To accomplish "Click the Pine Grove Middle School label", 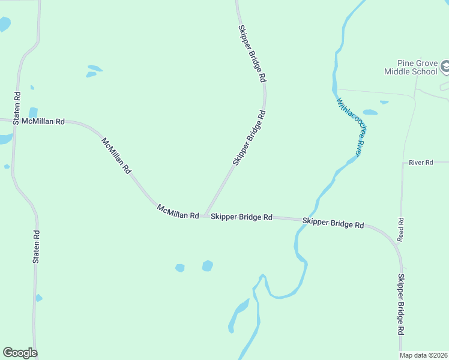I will tap(411, 67).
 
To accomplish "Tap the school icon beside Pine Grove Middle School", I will tap(445, 66).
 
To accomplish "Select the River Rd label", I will tap(421, 163).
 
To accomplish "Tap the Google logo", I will tap(20, 353).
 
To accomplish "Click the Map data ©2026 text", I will tap(423, 355).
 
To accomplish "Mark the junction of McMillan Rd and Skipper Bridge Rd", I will tap(205, 215).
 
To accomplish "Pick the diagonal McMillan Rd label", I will tap(116, 155).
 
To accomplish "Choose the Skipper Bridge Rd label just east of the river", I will tap(333, 223).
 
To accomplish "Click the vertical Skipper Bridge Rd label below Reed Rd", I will tap(400, 304).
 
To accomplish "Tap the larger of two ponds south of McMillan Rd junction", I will tap(208, 265).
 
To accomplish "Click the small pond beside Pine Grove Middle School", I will tap(370, 112).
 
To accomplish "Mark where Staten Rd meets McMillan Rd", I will tap(13, 121).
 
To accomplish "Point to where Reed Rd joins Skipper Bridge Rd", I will tap(396, 243).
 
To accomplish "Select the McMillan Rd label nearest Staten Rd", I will tap(43, 121).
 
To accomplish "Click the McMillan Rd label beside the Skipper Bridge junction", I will tap(178, 211).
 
